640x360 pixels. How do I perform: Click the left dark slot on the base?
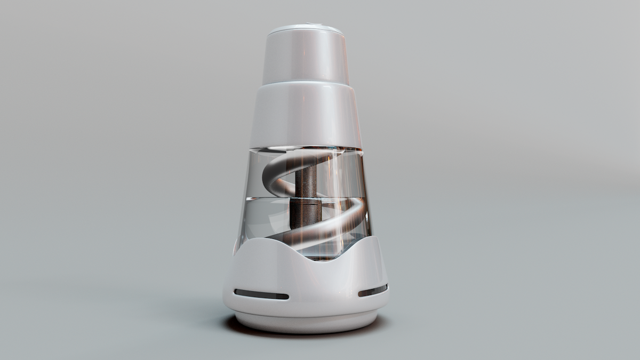[x=261, y=294]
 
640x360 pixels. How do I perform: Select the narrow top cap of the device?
[x=305, y=56]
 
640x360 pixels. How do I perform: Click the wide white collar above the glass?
[x=305, y=115]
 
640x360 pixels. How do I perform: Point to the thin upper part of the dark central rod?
[x=305, y=179]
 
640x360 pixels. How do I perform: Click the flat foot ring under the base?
[x=305, y=323]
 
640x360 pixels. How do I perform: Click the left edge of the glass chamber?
[x=243, y=203]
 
